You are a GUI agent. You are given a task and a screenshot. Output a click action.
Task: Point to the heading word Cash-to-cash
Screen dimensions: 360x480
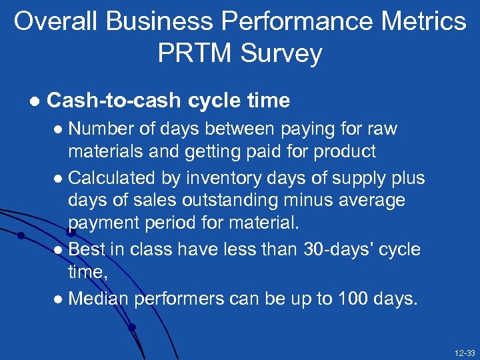pos(114,101)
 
